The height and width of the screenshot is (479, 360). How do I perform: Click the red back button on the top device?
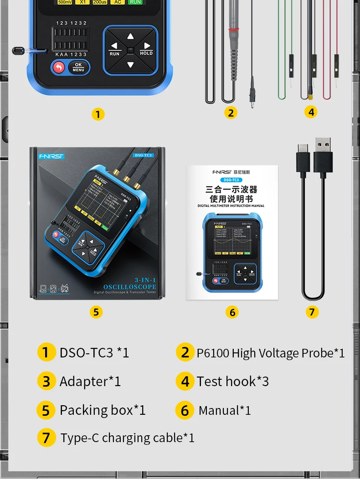coord(58,67)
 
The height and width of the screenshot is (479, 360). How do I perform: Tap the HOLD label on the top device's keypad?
coord(146,53)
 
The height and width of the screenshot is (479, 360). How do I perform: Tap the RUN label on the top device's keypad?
coord(114,54)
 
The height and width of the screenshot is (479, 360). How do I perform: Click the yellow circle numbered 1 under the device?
coord(98,114)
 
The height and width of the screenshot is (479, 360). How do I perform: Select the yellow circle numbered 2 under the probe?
coord(231,112)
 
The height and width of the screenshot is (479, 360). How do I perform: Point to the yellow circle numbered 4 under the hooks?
coord(311,112)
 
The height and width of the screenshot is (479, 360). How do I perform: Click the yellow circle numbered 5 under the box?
coord(96,312)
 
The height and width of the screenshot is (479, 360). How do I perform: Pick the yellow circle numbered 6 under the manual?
coord(232,312)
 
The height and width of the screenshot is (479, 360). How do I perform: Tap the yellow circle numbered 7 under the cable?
coord(312,312)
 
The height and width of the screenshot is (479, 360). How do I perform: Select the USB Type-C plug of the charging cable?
coord(303,160)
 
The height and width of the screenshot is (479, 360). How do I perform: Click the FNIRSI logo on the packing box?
coord(51,156)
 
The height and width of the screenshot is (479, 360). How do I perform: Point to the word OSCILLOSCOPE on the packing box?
coord(129,287)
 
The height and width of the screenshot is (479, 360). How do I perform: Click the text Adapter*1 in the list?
coord(90,381)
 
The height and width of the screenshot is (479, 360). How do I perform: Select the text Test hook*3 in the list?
coord(232,381)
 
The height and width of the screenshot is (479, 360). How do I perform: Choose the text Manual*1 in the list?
coord(225,410)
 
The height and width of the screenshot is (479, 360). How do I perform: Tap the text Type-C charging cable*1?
coord(128,438)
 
